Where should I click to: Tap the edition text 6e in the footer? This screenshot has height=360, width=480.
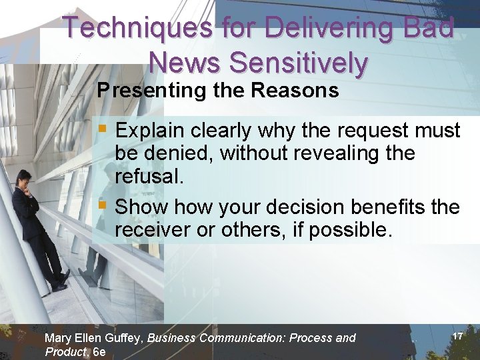tap(99, 352)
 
